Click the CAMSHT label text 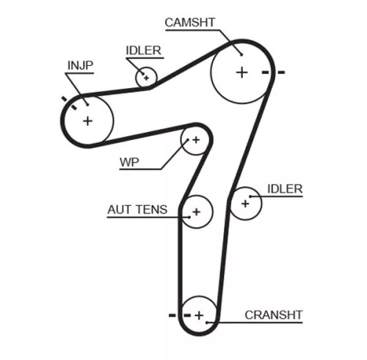pyautogui.click(x=190, y=22)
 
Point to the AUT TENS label pyautogui.click(x=137, y=210)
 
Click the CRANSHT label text pyautogui.click(x=273, y=315)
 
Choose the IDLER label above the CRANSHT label pyautogui.click(x=285, y=188)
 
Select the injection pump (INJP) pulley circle pyautogui.click(x=88, y=120)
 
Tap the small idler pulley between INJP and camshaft pyautogui.click(x=146, y=76)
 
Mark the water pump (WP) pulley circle pyautogui.click(x=195, y=139)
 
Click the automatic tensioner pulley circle pyautogui.click(x=196, y=213)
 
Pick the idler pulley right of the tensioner pyautogui.click(x=246, y=204)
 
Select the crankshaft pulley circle pyautogui.click(x=198, y=315)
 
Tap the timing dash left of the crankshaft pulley pyautogui.click(x=173, y=315)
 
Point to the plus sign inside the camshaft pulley pyautogui.click(x=241, y=72)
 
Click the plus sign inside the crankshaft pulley pyautogui.click(x=198, y=315)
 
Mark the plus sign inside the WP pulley pyautogui.click(x=195, y=139)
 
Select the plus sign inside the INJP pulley pyautogui.click(x=88, y=120)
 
